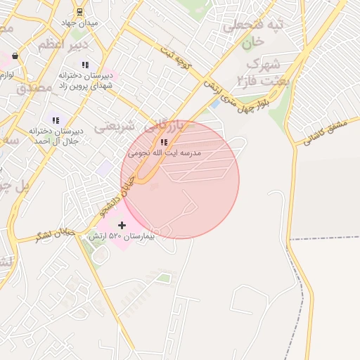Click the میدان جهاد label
click(79, 22)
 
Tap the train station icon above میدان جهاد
click(79, 11)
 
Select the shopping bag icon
click(15, 56)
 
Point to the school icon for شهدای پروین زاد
click(85, 65)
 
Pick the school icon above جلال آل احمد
click(56, 120)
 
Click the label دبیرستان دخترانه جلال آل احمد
click(56, 136)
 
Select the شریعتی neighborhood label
click(114, 127)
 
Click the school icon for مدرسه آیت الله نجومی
click(164, 142)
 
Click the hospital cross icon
click(122, 225)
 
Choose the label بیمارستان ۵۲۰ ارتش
click(120, 237)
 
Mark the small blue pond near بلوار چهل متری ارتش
click(214, 104)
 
